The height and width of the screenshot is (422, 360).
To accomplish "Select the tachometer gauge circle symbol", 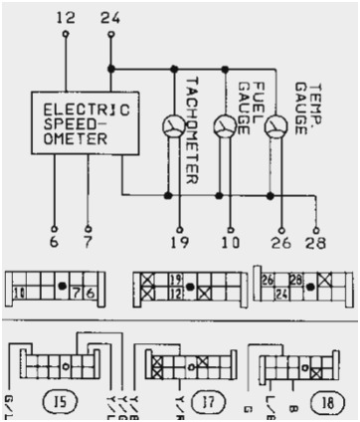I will (x=174, y=126).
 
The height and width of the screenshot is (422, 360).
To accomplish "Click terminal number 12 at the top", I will (x=66, y=18).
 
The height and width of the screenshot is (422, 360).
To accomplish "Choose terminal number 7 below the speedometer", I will (x=89, y=243).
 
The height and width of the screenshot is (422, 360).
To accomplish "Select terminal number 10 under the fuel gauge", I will (x=231, y=243).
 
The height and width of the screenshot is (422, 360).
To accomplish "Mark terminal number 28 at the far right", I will (x=317, y=243).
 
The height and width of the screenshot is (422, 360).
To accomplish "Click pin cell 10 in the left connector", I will (x=20, y=293).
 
